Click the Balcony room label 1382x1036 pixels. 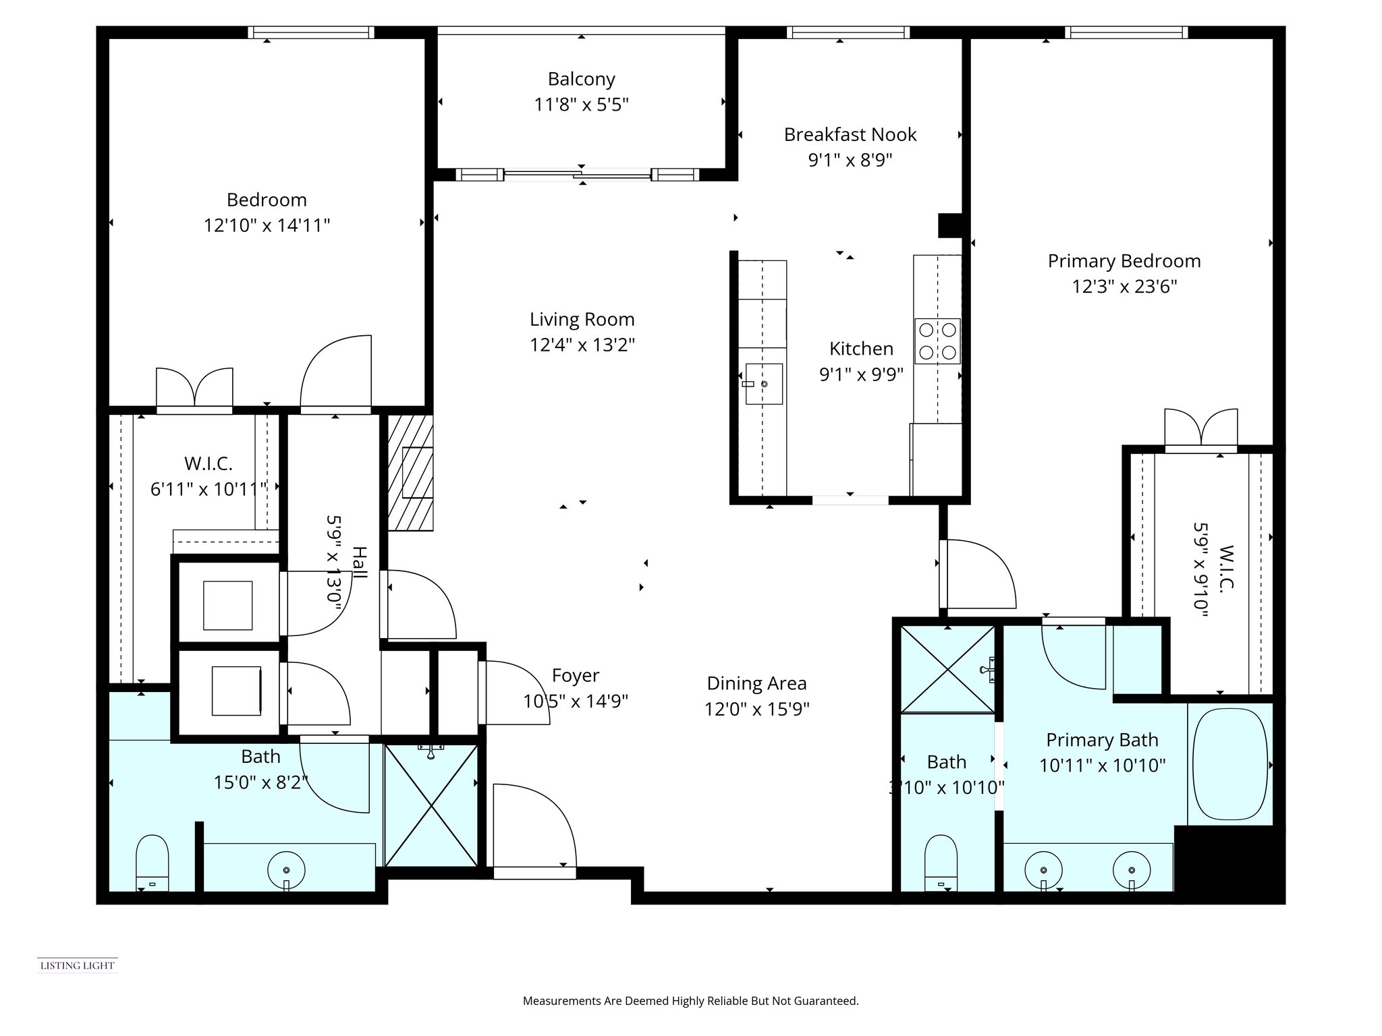(x=581, y=80)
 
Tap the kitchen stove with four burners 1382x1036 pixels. (x=937, y=341)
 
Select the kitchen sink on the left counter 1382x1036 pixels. (x=764, y=384)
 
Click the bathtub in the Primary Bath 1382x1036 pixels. (x=1229, y=764)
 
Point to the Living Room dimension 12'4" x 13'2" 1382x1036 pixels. (x=582, y=345)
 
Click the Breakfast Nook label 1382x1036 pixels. (x=850, y=135)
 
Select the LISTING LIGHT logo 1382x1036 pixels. (x=78, y=965)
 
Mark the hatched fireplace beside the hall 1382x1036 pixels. (x=410, y=472)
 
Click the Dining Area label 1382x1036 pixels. (x=756, y=684)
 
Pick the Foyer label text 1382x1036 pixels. (x=575, y=676)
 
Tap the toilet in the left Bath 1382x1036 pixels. (x=152, y=862)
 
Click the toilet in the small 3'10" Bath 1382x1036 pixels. (x=941, y=862)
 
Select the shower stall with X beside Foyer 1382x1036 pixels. (x=431, y=805)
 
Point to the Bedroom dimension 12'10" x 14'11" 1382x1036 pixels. (x=267, y=225)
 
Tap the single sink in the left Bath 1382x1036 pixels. (x=287, y=871)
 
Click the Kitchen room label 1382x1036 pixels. (x=861, y=349)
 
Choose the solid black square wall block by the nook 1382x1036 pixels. (x=950, y=225)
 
